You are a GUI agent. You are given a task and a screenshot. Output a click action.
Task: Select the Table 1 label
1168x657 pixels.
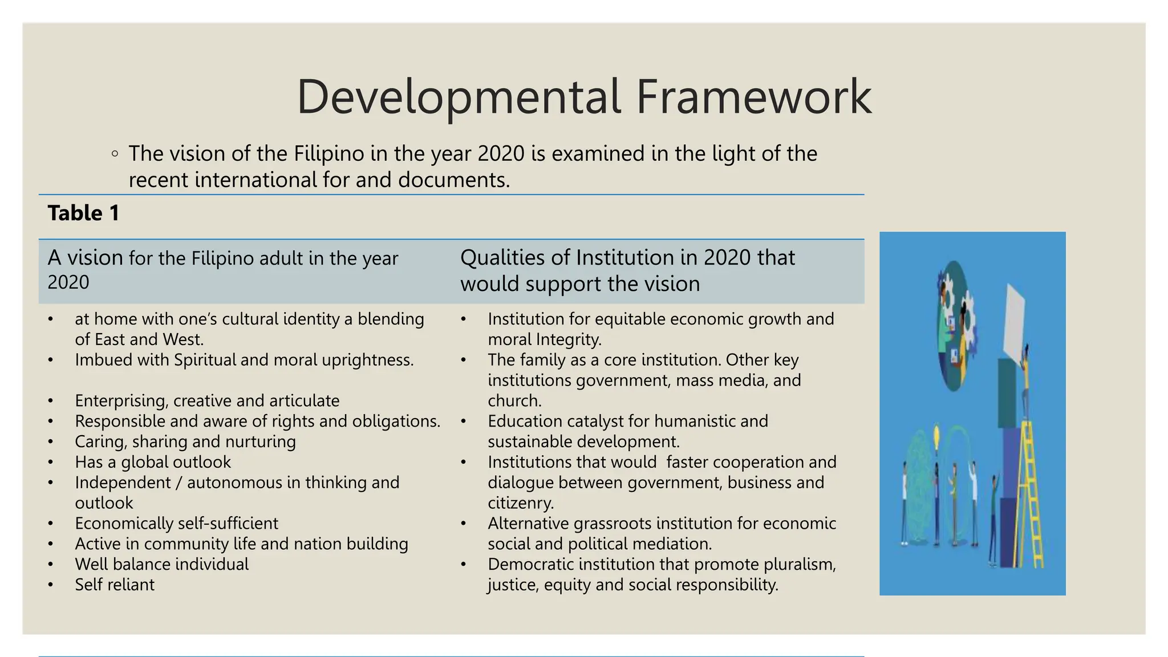[x=83, y=213]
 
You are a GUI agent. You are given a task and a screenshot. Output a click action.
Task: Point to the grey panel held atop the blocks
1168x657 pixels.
[x=1014, y=320]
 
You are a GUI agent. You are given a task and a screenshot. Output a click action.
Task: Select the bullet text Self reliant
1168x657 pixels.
[x=115, y=585]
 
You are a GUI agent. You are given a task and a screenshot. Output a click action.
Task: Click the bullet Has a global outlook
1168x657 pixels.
[x=152, y=462]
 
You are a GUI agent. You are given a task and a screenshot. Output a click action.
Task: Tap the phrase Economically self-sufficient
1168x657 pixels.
[x=176, y=523]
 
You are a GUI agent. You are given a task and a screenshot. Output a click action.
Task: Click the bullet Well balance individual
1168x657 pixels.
[x=161, y=564]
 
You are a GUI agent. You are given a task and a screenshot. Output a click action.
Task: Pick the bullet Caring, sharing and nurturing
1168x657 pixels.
[x=185, y=441]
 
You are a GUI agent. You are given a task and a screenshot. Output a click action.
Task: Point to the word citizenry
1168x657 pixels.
[x=520, y=502]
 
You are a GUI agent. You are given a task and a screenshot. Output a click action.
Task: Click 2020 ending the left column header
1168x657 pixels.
[x=68, y=282]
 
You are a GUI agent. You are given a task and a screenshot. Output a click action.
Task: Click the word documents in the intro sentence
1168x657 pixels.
[x=453, y=180]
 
